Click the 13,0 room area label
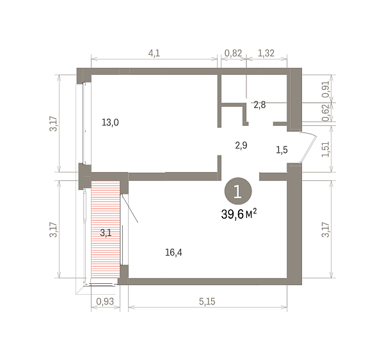point(110,122)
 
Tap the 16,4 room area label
point(173,253)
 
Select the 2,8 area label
point(260,105)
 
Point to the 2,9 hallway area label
point(241,145)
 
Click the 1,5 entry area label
point(282,150)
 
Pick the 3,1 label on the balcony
point(106,233)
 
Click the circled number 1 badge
point(238,191)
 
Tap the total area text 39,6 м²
point(239,214)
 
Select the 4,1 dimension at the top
point(154,53)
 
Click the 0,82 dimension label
point(233,53)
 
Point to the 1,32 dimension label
point(266,53)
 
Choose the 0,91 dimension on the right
point(326,89)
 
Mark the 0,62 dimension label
point(326,113)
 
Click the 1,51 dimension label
point(326,149)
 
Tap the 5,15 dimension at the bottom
point(207,302)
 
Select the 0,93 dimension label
point(105,302)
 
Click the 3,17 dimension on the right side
point(326,230)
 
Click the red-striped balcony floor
point(106,230)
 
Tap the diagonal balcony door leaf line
point(130,208)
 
